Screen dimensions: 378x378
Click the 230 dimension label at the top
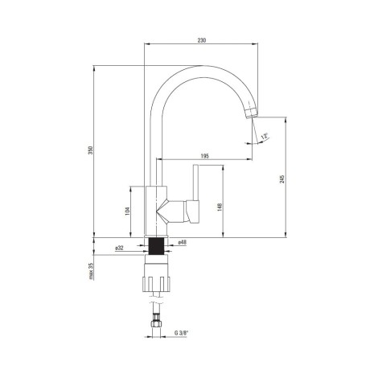click(x=202, y=40)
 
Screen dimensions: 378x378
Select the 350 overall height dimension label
click(x=91, y=150)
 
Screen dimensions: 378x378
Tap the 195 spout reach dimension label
click(x=204, y=156)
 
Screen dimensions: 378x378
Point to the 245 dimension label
click(x=281, y=179)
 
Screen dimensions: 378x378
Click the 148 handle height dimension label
click(x=220, y=207)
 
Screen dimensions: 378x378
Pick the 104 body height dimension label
click(x=128, y=211)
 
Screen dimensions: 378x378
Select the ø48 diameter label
click(x=183, y=242)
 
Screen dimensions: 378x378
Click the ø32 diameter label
click(x=119, y=248)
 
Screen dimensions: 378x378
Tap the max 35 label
click(x=91, y=271)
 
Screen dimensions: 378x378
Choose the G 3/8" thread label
click(x=182, y=333)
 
